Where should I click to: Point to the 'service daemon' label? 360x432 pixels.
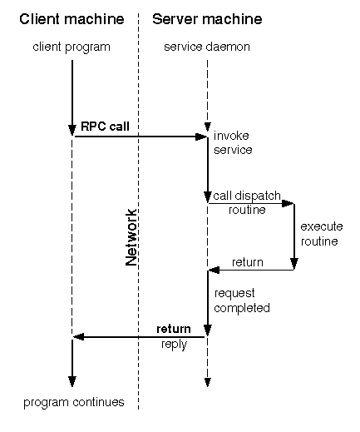coord(207,47)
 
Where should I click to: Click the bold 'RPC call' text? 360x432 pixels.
coord(105,127)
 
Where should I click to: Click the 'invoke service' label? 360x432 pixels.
coord(233,142)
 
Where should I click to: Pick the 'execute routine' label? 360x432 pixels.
coord(319,233)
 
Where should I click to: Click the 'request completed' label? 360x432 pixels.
coord(241,300)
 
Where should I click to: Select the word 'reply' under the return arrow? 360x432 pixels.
coord(174,344)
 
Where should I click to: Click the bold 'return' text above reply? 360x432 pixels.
coord(174,329)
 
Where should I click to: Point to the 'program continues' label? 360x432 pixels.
coord(74,402)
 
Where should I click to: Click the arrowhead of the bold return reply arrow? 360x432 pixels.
coord(76,336)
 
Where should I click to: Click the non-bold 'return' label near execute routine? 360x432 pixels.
coord(247,262)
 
